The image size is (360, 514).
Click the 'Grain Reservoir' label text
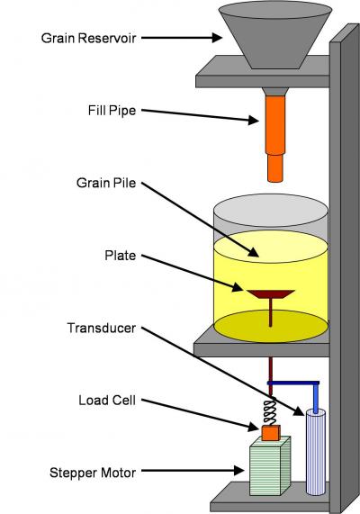tap(88, 38)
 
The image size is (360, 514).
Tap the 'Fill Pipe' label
tap(112, 111)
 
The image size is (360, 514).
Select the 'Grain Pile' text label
tap(106, 183)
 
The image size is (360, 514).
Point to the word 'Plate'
tap(121, 256)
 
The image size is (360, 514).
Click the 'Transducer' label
tap(102, 328)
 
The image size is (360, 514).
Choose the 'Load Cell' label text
tap(107, 400)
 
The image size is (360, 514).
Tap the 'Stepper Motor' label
tap(93, 473)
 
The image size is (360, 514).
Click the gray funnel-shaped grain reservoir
tap(275, 36)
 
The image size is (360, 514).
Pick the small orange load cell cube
tap(271, 433)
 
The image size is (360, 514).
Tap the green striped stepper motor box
tap(270, 465)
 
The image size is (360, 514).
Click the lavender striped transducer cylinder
tap(316, 452)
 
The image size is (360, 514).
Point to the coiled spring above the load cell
tap(271, 411)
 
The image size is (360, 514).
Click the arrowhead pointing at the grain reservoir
tap(217, 38)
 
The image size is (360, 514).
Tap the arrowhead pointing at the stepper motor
tap(239, 471)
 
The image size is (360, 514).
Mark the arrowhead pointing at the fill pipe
tap(254, 120)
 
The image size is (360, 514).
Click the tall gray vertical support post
tap(345, 269)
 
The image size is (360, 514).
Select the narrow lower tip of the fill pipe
tap(275, 167)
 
